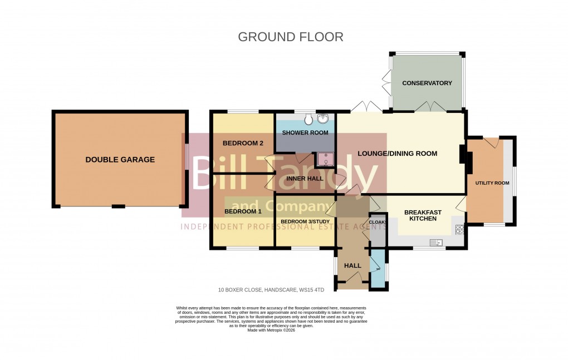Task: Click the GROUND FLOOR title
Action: pos(291,37)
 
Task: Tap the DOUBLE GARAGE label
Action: pos(120,160)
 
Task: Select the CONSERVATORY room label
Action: pos(427,83)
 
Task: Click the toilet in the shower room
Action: pos(309,119)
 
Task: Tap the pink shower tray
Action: pos(325,160)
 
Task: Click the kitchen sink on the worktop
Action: pos(437,242)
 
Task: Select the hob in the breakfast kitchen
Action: pos(460,228)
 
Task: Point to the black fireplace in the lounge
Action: pos(462,154)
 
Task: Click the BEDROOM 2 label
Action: pos(243,143)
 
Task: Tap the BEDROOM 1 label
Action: pos(243,211)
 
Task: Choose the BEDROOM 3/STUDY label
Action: pos(305,222)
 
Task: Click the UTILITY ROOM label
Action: pos(492,183)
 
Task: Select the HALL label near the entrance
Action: pos(353,266)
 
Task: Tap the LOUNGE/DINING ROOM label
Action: pos(397,154)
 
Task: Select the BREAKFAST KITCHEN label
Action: pos(423,215)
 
